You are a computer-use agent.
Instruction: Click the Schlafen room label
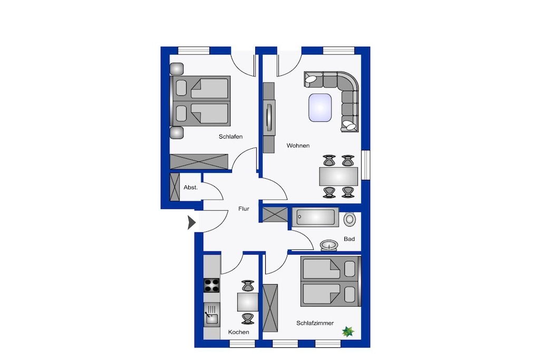[x=230, y=137]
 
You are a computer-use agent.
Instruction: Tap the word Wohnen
[x=298, y=145]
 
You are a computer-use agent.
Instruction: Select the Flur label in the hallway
[x=244, y=209]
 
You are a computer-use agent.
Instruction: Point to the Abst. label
[x=190, y=188]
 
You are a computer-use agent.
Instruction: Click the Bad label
[x=349, y=239]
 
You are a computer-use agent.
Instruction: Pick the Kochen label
[x=238, y=332]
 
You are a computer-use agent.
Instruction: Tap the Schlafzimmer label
[x=315, y=323]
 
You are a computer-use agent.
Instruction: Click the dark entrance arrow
[x=191, y=222]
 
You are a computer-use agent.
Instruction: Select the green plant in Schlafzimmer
[x=348, y=332]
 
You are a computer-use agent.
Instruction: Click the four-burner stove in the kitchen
[x=211, y=285]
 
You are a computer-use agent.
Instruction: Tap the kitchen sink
[x=211, y=315]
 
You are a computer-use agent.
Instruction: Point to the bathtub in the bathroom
[x=315, y=217]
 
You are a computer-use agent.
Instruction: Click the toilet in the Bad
[x=350, y=219]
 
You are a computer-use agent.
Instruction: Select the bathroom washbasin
[x=329, y=245]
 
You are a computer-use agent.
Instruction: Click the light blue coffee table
[x=320, y=108]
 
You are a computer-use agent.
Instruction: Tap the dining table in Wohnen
[x=339, y=177]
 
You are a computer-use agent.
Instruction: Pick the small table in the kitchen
[x=247, y=302]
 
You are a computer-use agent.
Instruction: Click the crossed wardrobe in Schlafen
[x=199, y=162]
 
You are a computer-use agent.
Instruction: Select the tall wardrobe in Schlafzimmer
[x=270, y=308]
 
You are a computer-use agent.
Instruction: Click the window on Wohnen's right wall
[x=365, y=165]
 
